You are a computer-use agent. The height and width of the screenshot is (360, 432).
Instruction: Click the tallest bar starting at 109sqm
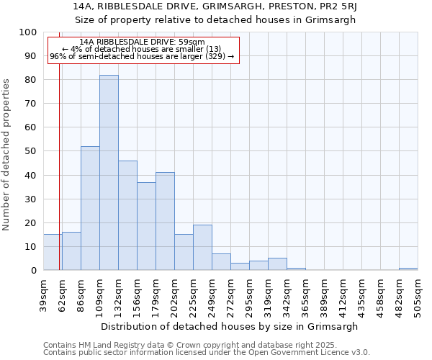point(109,173)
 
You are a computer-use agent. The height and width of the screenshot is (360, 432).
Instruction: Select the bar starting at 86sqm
point(90,208)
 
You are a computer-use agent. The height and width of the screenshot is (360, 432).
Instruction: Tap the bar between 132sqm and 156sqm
point(127,215)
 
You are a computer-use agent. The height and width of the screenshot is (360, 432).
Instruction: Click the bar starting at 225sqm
point(202,248)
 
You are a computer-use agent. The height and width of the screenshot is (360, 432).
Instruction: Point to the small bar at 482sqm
point(408,269)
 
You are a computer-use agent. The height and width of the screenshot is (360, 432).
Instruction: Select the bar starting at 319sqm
point(277,264)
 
